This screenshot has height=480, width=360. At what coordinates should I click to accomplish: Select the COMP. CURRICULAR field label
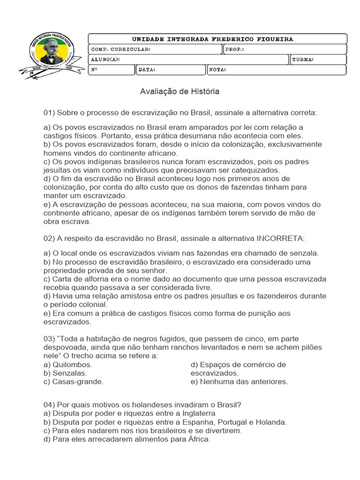(x=120, y=49)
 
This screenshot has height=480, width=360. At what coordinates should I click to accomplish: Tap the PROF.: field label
(x=235, y=49)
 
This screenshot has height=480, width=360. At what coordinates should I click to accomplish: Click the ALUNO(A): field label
(x=105, y=60)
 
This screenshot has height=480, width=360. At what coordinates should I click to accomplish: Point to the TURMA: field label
(x=303, y=60)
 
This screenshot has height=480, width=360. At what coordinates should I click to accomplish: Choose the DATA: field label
(x=147, y=70)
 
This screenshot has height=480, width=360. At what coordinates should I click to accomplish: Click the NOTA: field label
(x=217, y=70)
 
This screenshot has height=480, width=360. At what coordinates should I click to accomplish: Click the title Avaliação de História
(x=180, y=92)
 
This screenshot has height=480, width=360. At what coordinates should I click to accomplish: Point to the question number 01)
(x=49, y=113)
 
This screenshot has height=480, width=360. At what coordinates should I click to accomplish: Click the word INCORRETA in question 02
(x=279, y=239)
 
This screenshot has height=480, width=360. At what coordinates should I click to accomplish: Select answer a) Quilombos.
(x=67, y=365)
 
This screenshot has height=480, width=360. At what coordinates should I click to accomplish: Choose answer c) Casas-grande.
(x=73, y=382)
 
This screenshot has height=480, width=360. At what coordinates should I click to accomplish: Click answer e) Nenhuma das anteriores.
(x=239, y=382)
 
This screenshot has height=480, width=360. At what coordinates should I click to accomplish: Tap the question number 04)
(x=49, y=405)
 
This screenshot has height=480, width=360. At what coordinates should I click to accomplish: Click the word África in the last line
(x=199, y=439)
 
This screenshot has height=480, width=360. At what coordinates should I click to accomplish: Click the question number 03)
(x=49, y=339)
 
